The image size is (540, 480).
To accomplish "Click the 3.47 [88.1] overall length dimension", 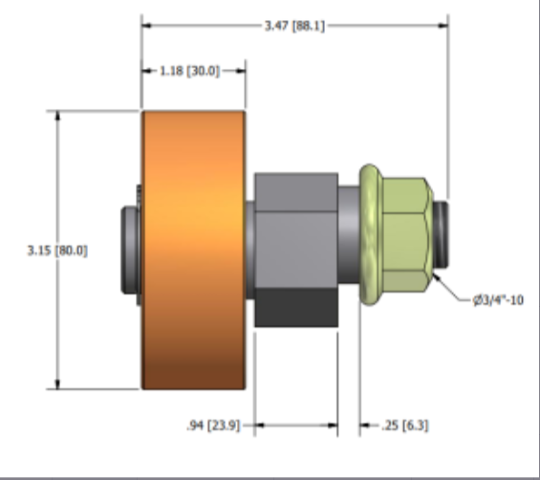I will [x=294, y=26].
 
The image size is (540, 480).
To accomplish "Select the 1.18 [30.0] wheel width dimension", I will [x=194, y=71].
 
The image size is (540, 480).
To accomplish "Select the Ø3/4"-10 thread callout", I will [x=498, y=299].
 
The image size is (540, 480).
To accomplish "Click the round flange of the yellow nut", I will [x=370, y=235].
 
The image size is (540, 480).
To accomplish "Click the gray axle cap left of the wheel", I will [x=127, y=251].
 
